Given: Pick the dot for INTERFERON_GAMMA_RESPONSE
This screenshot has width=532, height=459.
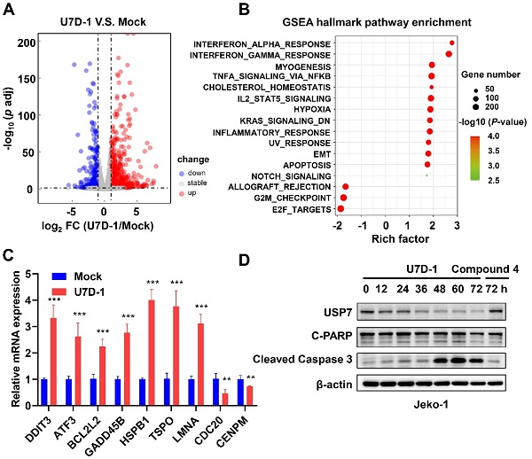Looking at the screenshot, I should click(449, 55).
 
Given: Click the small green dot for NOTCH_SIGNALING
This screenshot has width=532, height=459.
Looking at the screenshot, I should click(427, 175).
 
